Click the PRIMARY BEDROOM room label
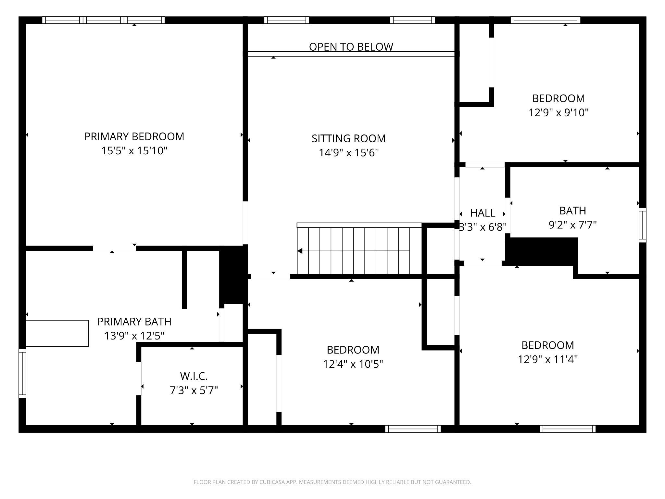[134, 136]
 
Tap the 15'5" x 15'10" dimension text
[134, 151]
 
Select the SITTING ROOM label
[349, 138]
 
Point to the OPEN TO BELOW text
[351, 47]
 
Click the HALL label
[483, 213]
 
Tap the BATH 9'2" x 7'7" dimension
[573, 224]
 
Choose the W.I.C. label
[194, 376]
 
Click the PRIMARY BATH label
[134, 322]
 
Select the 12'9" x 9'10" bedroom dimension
[558, 113]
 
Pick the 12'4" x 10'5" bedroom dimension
[353, 364]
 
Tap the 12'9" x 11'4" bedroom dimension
[548, 359]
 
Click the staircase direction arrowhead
[300, 251]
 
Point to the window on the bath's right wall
[643, 225]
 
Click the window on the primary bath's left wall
[22, 373]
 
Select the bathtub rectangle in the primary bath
[57, 333]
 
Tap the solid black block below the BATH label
[542, 251]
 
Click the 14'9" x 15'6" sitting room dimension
[349, 152]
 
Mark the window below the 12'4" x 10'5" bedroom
[413, 429]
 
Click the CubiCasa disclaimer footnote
[332, 482]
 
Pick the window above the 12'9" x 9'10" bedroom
[546, 20]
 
